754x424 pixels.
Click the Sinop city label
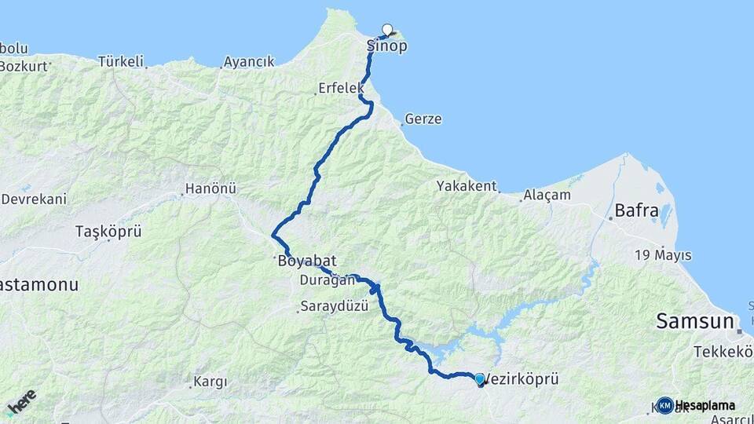[387, 46]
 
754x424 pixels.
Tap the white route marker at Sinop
[386, 30]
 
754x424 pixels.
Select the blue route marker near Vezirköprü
[480, 379]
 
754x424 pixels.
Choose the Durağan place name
[322, 280]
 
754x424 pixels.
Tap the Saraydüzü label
[335, 307]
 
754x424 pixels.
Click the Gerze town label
[423, 120]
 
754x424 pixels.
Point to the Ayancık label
[249, 61]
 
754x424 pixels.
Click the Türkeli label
[121, 60]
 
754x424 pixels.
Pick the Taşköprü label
[108, 232]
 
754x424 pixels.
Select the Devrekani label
[34, 199]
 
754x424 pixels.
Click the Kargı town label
[210, 382]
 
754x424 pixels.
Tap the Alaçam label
[548, 195]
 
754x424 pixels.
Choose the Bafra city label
[637, 211]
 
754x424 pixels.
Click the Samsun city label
[695, 321]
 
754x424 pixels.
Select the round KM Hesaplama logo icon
[665, 405]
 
